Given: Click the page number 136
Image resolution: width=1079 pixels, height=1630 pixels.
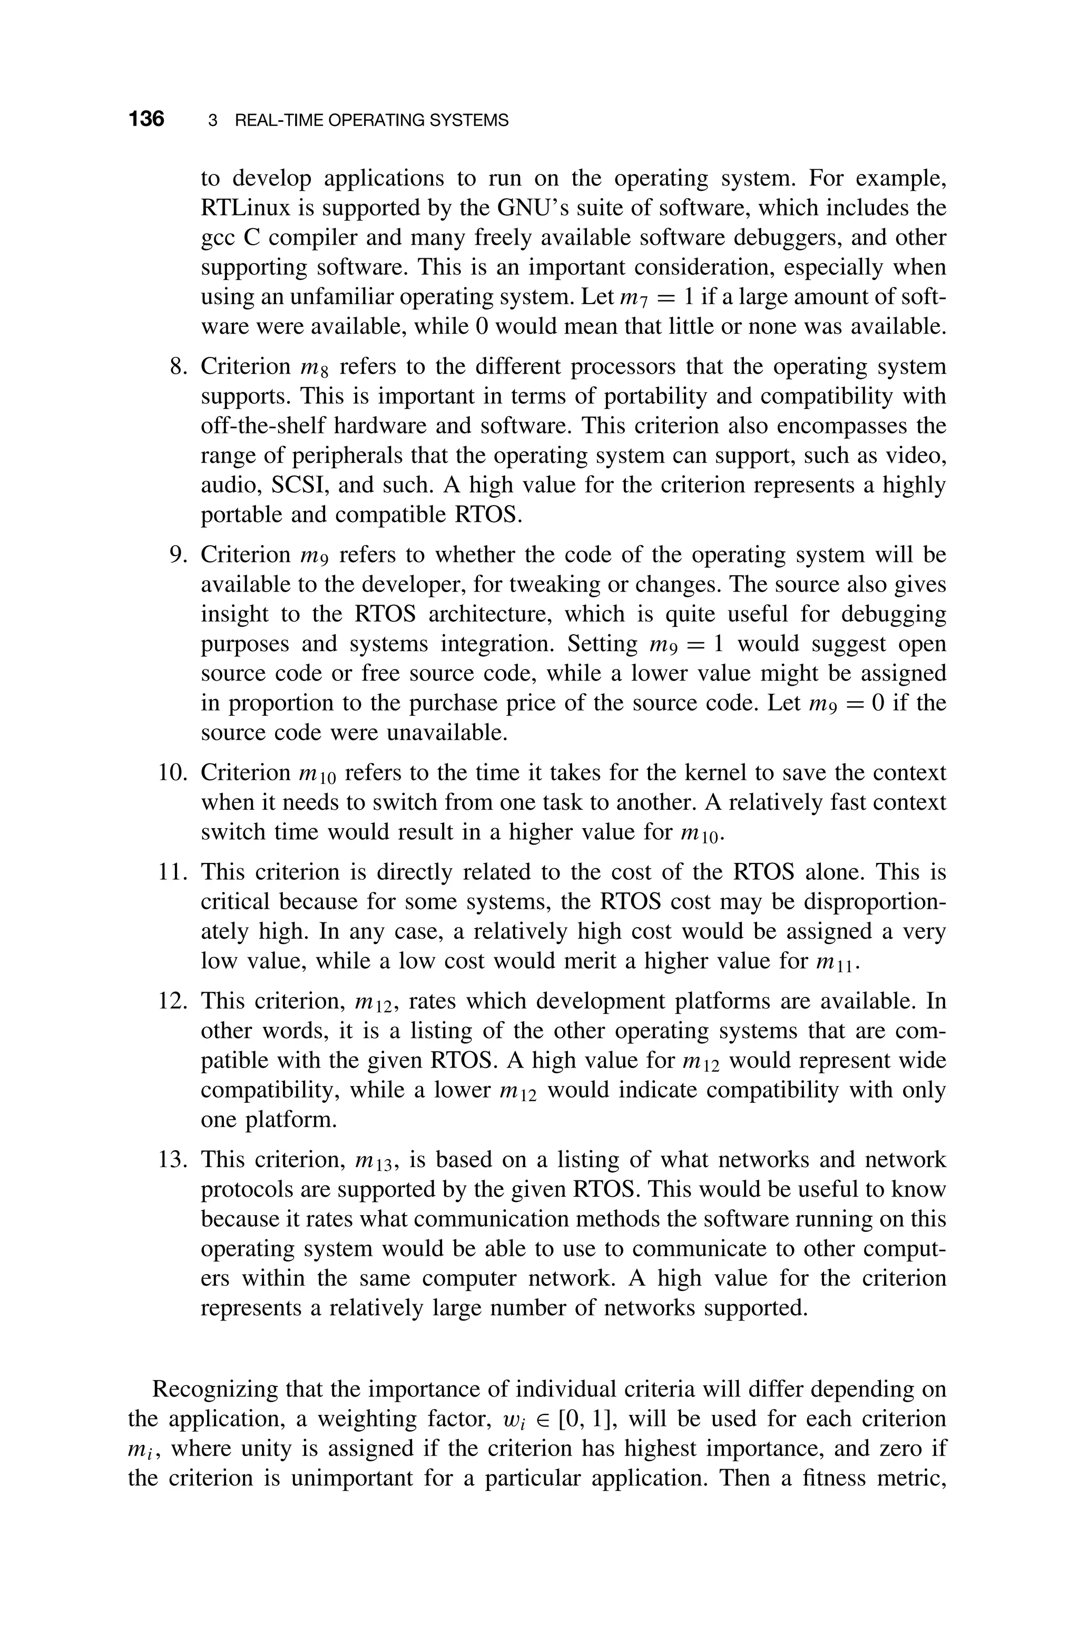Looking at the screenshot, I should pos(146,119).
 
